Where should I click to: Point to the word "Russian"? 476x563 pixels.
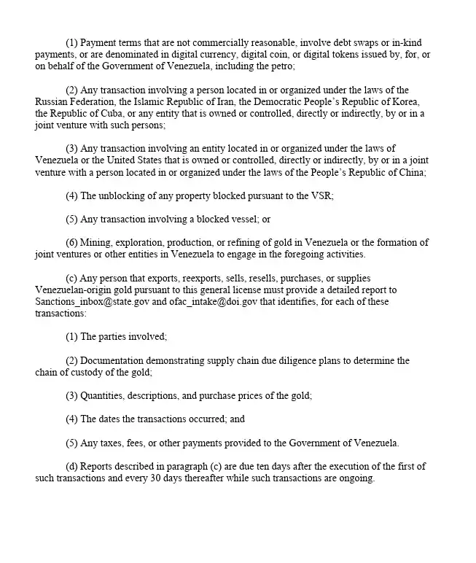[x=52, y=102]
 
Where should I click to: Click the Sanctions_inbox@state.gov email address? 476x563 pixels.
[x=87, y=302]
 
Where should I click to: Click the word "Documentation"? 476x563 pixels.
[x=112, y=360]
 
